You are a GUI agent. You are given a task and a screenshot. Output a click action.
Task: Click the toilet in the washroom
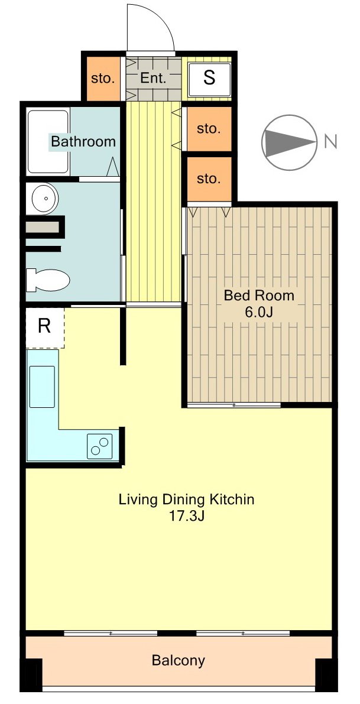48,280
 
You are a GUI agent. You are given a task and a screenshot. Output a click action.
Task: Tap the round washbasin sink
44,197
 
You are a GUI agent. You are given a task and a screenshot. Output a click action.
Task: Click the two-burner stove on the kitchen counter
100,446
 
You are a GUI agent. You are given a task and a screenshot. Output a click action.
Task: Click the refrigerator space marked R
45,327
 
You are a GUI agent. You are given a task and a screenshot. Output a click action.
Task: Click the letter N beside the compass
330,142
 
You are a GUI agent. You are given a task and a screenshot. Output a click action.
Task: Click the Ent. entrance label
154,78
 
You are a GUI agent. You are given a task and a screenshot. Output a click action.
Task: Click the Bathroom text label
83,142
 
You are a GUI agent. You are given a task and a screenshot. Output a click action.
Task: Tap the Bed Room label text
259,296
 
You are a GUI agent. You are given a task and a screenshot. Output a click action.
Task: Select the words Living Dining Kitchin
186,499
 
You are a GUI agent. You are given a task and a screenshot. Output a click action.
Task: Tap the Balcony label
178,660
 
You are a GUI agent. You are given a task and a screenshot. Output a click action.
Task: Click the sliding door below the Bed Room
234,405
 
